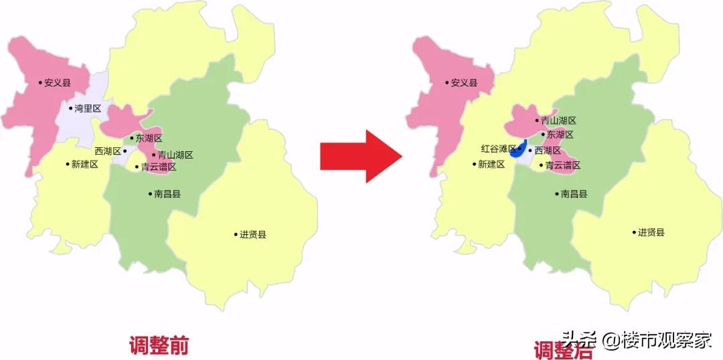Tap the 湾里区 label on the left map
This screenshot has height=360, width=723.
(87, 108)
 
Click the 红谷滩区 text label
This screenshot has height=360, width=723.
(498, 149)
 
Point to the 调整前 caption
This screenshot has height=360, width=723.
(159, 345)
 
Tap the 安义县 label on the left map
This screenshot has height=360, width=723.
(57, 83)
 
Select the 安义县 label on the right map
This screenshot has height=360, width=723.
(464, 83)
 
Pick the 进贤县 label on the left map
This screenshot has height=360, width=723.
(252, 234)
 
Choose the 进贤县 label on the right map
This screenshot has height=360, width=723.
(651, 232)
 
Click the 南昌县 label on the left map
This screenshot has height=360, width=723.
(167, 194)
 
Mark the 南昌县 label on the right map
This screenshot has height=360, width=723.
(574, 194)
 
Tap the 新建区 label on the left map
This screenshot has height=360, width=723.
(84, 164)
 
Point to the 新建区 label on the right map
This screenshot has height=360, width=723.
(491, 164)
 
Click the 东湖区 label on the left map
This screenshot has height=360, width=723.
(149, 139)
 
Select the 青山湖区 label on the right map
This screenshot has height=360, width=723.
(558, 121)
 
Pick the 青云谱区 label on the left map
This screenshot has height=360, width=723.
(158, 167)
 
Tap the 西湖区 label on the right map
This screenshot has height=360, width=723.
(548, 151)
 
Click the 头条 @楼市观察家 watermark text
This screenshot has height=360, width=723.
(637, 339)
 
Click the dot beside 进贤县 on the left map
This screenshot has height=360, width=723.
(236, 234)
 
